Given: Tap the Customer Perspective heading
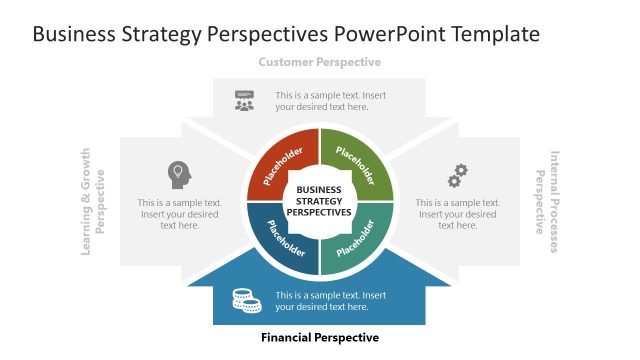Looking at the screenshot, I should tap(319, 62).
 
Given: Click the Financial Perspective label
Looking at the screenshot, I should tap(319, 338).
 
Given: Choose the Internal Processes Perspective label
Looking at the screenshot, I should tap(547, 201).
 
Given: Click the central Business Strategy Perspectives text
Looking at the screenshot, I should tap(319, 200).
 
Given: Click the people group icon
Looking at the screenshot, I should tap(244, 100).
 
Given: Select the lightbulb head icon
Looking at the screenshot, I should tap(178, 174).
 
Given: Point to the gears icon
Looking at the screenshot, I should tap(457, 175).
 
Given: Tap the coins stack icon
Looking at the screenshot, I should tap(244, 300).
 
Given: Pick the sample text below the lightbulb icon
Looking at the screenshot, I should tap(180, 213).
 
